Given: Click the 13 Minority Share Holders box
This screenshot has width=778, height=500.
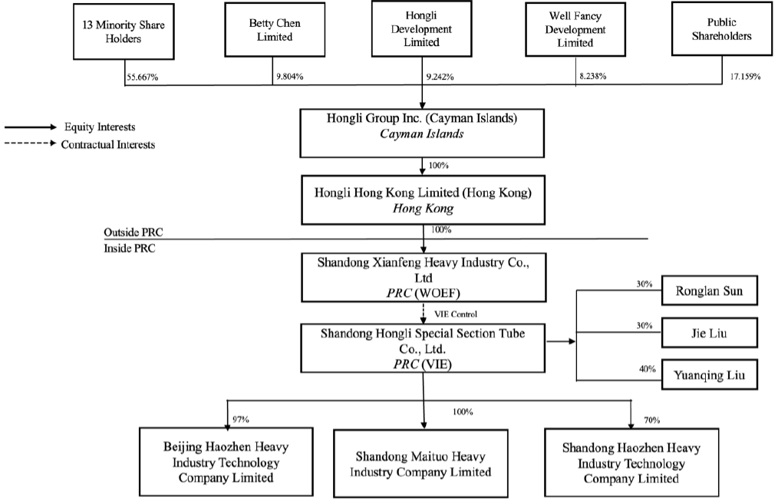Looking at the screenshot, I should (x=124, y=31).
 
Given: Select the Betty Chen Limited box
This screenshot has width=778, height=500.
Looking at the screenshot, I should (x=274, y=30).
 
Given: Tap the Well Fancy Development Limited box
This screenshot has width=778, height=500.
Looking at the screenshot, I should (x=576, y=29).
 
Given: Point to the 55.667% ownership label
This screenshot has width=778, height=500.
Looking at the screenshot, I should (x=143, y=77).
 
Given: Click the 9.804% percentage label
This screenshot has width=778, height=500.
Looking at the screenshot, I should (x=288, y=77).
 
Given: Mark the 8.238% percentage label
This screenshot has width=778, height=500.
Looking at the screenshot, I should (x=593, y=77).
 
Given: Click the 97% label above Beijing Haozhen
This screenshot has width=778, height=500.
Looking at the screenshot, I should (x=241, y=419).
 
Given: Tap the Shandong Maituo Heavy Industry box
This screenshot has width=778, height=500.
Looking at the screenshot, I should (x=420, y=464).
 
